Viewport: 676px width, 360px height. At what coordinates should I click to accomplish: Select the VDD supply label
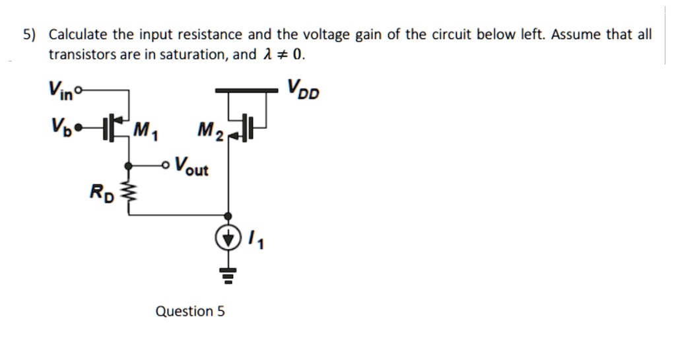(303, 89)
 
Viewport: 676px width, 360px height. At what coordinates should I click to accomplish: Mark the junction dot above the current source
(228, 215)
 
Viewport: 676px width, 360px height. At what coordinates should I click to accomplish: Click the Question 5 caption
(189, 310)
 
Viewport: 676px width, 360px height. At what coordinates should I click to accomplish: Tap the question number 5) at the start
(29, 35)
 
